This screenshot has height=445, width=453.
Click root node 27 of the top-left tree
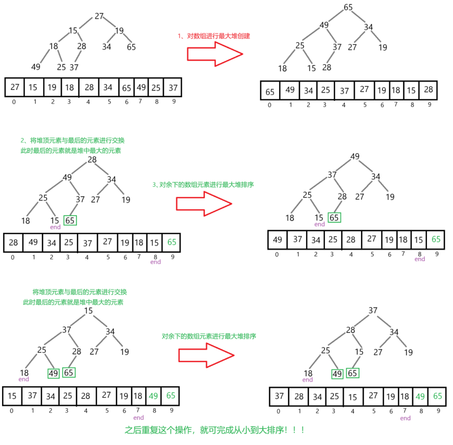[99, 16]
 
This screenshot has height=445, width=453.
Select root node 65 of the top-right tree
[348, 7]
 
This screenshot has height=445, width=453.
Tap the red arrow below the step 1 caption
[215, 54]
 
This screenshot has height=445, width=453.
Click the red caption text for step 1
[214, 36]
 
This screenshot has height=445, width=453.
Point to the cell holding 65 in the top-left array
[126, 87]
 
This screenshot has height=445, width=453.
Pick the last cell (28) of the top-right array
[428, 90]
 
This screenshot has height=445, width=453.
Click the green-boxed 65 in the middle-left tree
[70, 220]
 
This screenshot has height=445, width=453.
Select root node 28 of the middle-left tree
[92, 160]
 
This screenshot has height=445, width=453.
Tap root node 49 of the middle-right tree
[355, 157]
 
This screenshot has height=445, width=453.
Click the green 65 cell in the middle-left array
[171, 242]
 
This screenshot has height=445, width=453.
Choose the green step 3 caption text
[203, 185]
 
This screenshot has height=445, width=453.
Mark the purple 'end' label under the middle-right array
[419, 259]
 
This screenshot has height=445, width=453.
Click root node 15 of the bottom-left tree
[88, 311]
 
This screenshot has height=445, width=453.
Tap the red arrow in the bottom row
[206, 355]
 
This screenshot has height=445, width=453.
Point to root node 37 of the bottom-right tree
[373, 311]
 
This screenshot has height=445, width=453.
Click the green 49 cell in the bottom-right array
[420, 396]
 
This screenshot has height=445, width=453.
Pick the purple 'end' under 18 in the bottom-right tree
[308, 380]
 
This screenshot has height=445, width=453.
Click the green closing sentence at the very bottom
[215, 430]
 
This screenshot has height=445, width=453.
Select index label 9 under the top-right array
[429, 105]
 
